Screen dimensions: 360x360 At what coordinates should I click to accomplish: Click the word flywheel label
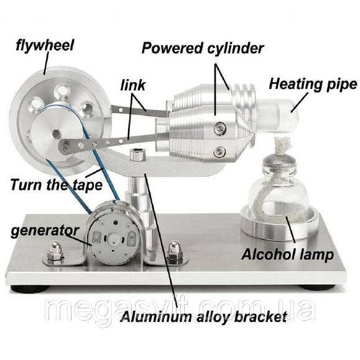(x=45, y=45)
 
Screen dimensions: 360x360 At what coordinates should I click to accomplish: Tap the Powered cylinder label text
(x=203, y=48)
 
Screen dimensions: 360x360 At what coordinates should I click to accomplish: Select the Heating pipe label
(x=313, y=85)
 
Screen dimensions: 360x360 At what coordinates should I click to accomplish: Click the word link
(x=132, y=85)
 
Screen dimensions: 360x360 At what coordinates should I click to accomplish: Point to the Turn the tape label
(x=56, y=185)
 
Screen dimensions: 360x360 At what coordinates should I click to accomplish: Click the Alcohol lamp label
(x=287, y=254)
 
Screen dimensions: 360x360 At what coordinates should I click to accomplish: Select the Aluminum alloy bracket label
(x=204, y=316)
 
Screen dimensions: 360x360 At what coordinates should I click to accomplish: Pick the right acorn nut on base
(x=175, y=252)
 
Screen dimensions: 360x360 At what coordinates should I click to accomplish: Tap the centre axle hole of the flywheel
(x=56, y=132)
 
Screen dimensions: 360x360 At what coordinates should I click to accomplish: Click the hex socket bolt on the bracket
(x=137, y=154)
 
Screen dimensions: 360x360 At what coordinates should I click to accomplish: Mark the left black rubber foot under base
(x=30, y=288)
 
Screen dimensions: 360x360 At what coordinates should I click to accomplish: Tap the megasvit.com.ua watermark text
(x=180, y=308)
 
